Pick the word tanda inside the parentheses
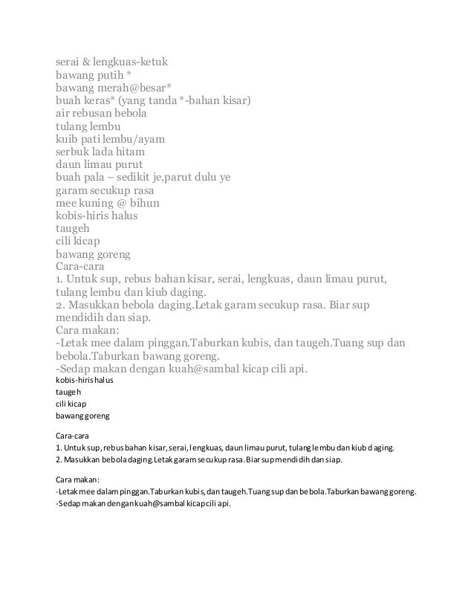pyautogui.click(x=174, y=102)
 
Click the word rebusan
pyautogui.click(x=100, y=115)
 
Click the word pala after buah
pyautogui.click(x=97, y=178)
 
